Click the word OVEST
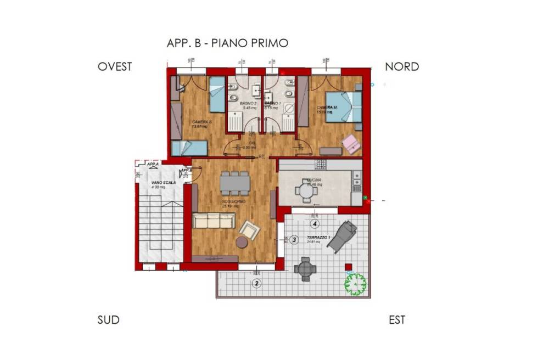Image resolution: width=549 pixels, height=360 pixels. point(115,67)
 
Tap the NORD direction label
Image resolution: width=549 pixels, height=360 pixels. point(402,67)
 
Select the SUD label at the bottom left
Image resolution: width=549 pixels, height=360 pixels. point(108,320)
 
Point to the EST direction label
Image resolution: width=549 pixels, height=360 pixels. point(396,320)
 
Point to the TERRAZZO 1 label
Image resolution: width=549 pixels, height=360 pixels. point(318,238)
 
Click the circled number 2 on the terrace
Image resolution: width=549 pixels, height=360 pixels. point(256,283)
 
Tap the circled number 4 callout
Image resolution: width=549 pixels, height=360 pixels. point(315,224)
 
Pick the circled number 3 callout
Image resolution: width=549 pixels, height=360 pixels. point(294,239)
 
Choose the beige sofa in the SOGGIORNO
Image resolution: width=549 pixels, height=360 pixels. point(214,221)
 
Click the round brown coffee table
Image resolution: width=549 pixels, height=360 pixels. point(242,242)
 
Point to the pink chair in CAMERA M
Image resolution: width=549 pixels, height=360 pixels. point(351,144)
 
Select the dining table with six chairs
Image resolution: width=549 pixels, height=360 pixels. point(235,183)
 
